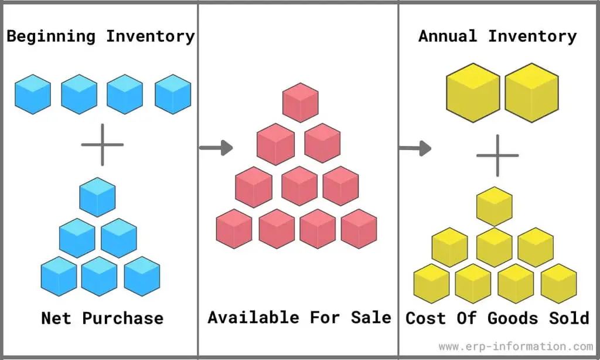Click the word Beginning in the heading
[x=51, y=37]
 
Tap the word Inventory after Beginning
[x=151, y=36]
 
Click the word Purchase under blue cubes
[x=122, y=318]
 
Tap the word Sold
[x=569, y=318]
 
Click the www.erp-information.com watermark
[x=516, y=347]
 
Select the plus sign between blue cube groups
[x=103, y=144]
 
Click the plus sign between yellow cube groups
[x=497, y=155]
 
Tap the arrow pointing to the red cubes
[x=216, y=148]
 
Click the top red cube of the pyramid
[x=301, y=103]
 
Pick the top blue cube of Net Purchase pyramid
[x=97, y=197]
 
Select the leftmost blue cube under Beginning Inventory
[x=33, y=94]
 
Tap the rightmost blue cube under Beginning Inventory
[x=173, y=94]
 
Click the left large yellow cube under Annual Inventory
[x=473, y=93]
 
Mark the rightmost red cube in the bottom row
[x=359, y=229]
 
